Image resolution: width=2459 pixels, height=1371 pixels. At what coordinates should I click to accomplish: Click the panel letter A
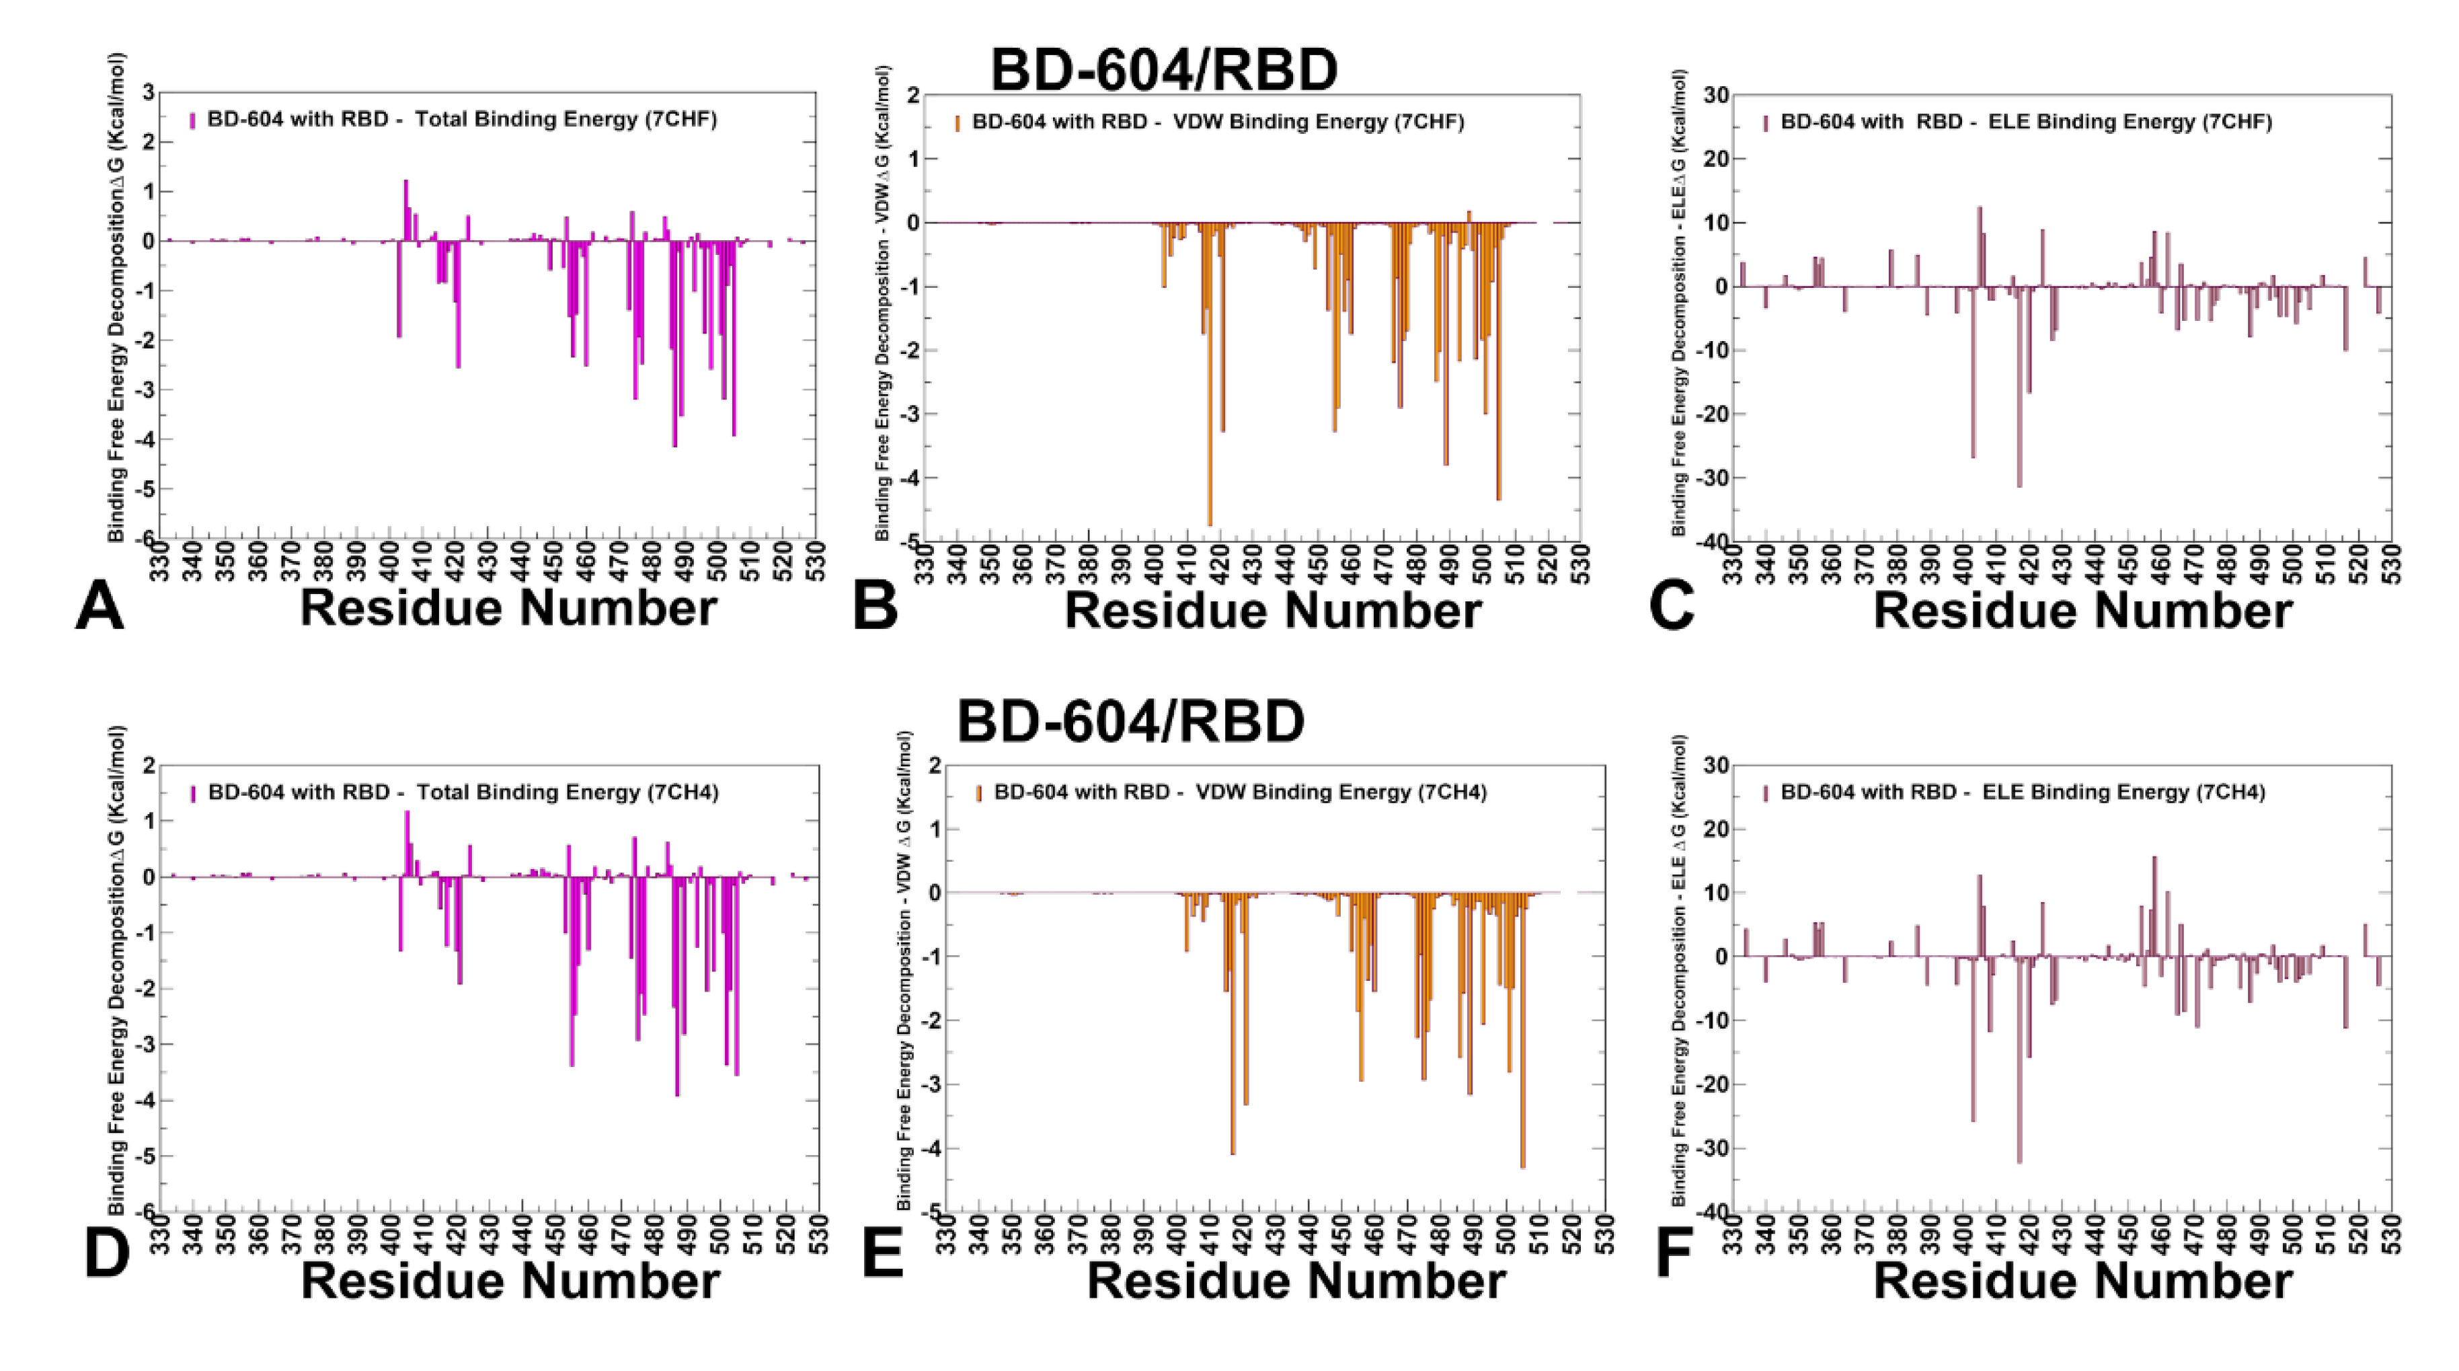tap(100, 607)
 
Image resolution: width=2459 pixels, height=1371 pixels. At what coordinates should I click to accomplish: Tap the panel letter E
tap(882, 1252)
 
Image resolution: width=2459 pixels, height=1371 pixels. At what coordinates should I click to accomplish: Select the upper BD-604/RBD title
tap(1164, 70)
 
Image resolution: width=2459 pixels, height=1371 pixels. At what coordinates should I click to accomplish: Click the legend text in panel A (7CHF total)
tap(462, 119)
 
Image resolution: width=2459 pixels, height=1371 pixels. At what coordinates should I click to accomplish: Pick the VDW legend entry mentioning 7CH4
tap(1240, 792)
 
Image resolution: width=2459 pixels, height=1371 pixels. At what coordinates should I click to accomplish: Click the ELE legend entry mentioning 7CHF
tap(2025, 122)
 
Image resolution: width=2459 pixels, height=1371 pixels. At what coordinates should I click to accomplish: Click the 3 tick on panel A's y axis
tap(148, 93)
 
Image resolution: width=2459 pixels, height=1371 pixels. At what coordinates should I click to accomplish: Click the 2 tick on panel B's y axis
tap(914, 96)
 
